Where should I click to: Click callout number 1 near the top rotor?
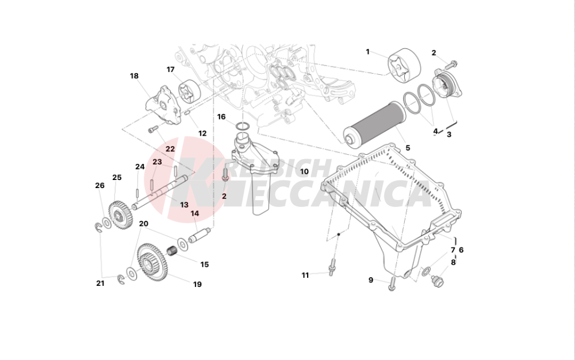point(368,52)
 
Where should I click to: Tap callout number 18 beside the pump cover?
point(134,76)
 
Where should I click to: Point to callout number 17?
point(171,70)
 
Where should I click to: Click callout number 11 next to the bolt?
point(305,275)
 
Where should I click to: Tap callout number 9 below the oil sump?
point(371,280)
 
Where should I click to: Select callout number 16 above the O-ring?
point(221,117)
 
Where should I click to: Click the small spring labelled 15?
point(170,251)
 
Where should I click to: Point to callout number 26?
point(99,185)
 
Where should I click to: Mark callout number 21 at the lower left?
point(100,283)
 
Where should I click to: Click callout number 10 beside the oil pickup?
point(304,171)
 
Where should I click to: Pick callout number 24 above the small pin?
point(140,167)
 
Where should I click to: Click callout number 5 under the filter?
point(408,148)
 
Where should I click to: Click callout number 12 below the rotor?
point(202,133)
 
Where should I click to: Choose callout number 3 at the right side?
point(449,135)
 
